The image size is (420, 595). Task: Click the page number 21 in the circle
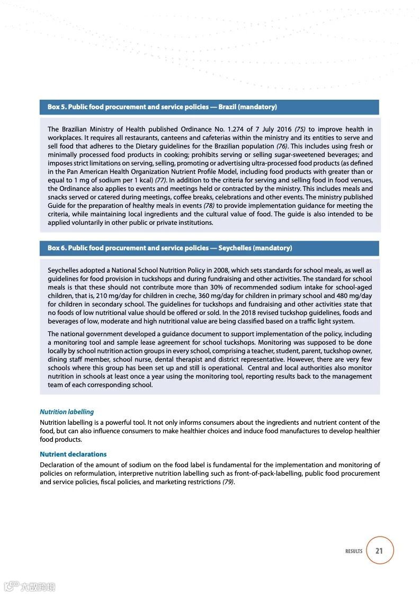pos(379,550)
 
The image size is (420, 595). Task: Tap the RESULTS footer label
pos(354,552)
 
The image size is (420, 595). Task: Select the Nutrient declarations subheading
pos(73,454)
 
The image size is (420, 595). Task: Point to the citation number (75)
pos(300,129)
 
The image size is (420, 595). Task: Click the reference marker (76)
pos(282,146)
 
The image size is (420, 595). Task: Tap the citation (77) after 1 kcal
pos(160,180)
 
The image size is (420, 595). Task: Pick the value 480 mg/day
pos(353,295)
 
